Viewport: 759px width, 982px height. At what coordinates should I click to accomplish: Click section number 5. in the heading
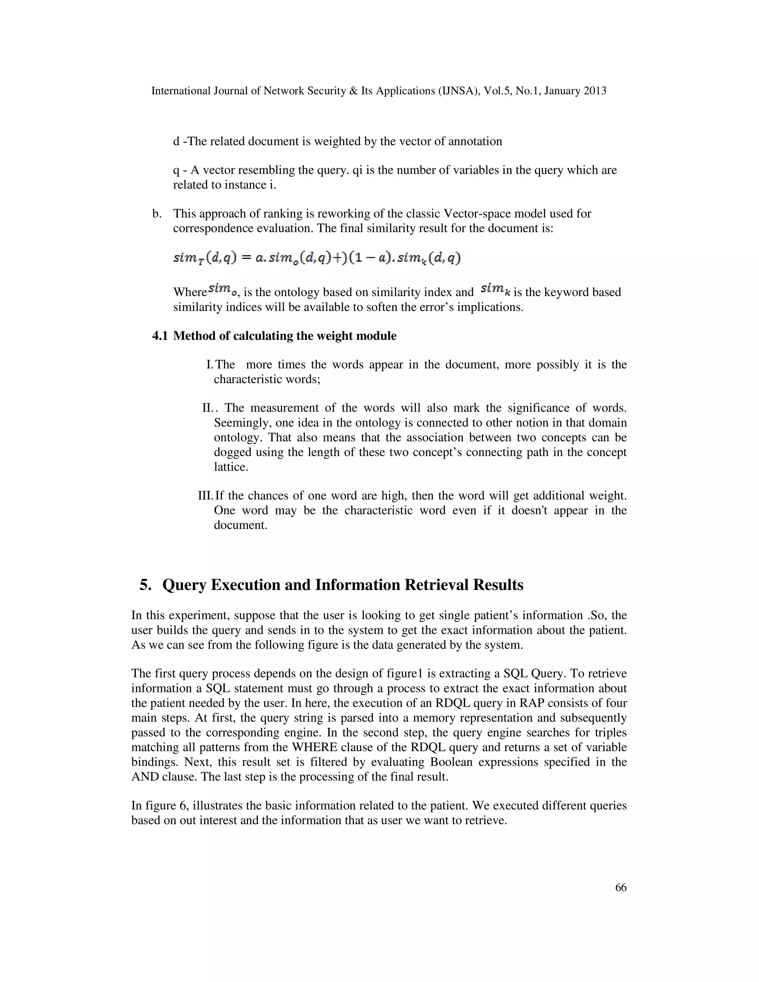146,585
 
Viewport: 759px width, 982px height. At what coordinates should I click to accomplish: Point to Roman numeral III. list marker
205,495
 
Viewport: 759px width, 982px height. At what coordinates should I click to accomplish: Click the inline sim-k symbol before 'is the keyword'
496,289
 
